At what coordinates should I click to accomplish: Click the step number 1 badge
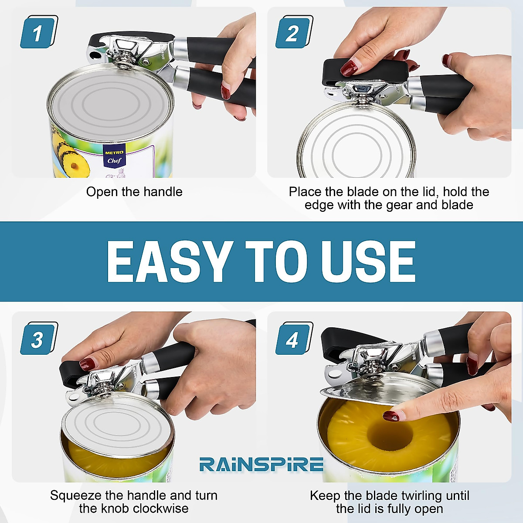click(x=38, y=32)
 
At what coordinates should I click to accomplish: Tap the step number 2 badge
click(x=293, y=32)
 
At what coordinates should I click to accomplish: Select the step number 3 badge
click(x=38, y=339)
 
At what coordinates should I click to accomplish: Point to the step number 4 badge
click(x=293, y=339)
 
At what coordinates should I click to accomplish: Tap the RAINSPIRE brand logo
click(x=261, y=465)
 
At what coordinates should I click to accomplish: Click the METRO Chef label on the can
click(x=114, y=156)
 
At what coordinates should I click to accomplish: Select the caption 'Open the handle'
click(x=134, y=192)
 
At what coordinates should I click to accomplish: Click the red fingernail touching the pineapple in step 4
click(x=391, y=416)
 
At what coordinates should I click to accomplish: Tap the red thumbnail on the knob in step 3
click(x=88, y=363)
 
